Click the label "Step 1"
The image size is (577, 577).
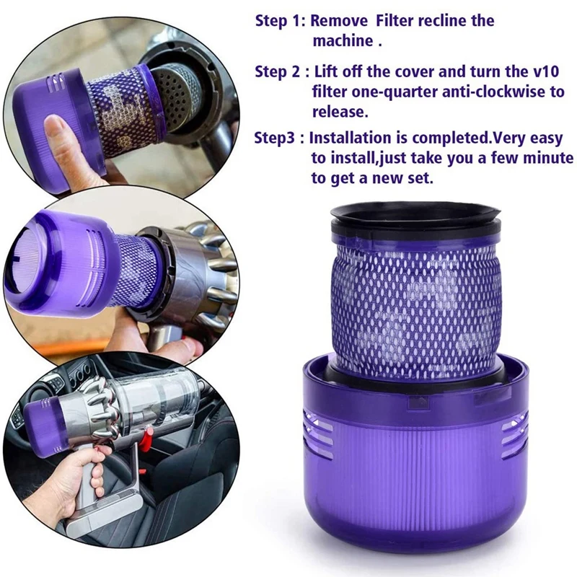tap(280, 20)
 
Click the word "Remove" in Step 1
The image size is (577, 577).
tap(343, 20)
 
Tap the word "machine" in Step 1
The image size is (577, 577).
tap(342, 40)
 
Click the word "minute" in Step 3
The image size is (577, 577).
tap(548, 158)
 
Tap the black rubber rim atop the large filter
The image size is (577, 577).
tap(415, 216)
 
